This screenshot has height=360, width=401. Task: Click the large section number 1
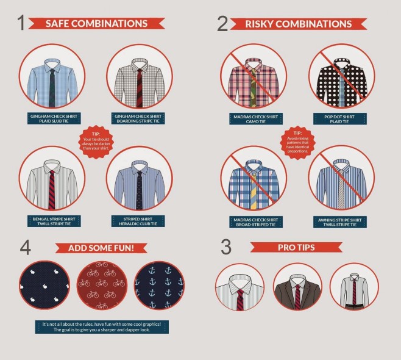click(21, 23)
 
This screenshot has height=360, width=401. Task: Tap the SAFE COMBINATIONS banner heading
click(96, 24)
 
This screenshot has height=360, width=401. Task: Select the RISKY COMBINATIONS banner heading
click(299, 24)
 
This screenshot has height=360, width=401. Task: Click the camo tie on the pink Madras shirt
click(253, 88)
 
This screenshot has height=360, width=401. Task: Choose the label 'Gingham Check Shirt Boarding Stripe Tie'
click(138, 118)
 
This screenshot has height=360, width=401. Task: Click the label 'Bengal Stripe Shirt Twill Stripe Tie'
click(54, 221)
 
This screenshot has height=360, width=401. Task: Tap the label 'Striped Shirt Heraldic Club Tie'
click(138, 221)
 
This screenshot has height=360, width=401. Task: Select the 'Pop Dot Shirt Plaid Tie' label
click(340, 119)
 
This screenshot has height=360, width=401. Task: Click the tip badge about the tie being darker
click(96, 142)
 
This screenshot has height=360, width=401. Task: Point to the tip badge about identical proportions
click(297, 142)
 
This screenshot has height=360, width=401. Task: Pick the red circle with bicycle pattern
click(102, 286)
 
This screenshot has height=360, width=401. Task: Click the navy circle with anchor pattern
click(159, 286)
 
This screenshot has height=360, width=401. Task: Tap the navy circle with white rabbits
click(44, 286)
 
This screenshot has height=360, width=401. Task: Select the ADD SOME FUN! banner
click(101, 248)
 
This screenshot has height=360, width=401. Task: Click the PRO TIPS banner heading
click(296, 247)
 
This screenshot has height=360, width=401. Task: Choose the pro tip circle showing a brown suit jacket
click(297, 287)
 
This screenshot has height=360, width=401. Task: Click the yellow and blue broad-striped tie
click(253, 190)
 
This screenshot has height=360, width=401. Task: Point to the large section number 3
click(226, 247)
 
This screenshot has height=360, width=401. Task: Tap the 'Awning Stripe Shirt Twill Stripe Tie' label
click(340, 222)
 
